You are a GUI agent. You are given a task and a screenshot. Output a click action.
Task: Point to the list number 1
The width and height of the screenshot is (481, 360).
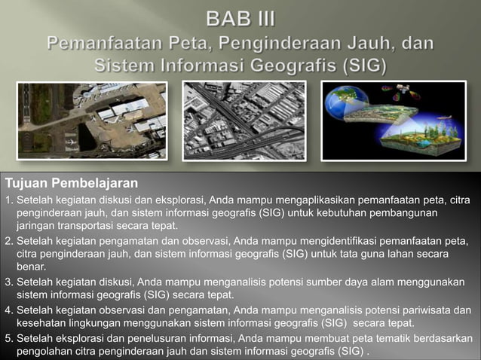point(8,200)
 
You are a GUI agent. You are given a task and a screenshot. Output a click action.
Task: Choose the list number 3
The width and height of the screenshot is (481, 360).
point(8,282)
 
